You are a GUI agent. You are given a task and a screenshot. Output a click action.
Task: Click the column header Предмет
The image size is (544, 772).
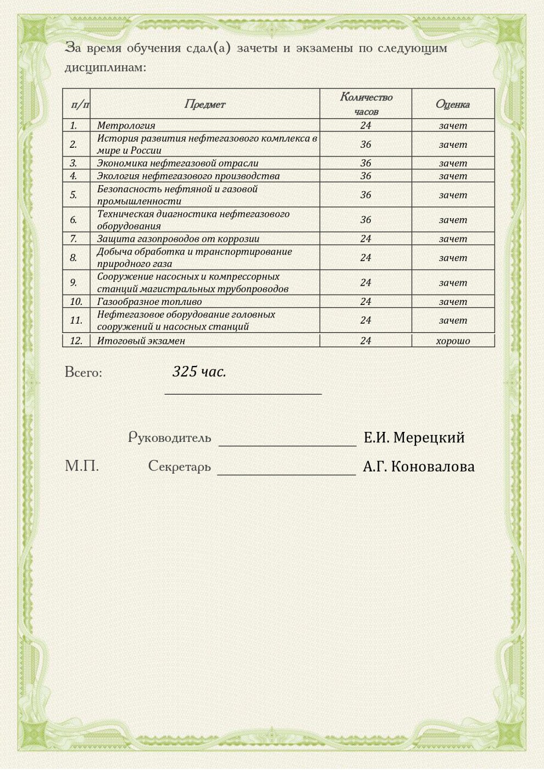pyautogui.click(x=204, y=104)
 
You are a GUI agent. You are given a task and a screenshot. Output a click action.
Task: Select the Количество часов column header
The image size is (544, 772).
pyautogui.click(x=366, y=104)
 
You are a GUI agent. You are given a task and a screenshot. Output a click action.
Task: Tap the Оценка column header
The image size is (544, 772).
pyautogui.click(x=453, y=104)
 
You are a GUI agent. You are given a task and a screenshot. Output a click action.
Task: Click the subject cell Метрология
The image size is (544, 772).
pyautogui.click(x=126, y=125)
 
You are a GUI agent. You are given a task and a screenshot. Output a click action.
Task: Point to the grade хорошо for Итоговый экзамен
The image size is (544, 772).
pyautogui.click(x=453, y=341)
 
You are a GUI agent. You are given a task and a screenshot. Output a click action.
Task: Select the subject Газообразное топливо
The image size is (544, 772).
pyautogui.click(x=149, y=302)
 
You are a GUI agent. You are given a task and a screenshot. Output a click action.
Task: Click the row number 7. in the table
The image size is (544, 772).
pyautogui.click(x=74, y=239)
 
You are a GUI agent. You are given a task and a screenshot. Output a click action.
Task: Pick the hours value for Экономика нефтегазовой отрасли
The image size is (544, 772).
pyautogui.click(x=366, y=163)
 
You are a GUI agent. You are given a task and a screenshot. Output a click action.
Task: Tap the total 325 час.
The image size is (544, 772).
pyautogui.click(x=199, y=372)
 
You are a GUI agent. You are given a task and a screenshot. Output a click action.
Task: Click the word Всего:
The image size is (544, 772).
pyautogui.click(x=84, y=373)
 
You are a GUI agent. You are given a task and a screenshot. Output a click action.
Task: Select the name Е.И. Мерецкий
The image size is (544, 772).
pyautogui.click(x=414, y=437)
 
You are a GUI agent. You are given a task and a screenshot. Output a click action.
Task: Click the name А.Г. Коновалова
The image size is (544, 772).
pyautogui.click(x=418, y=466)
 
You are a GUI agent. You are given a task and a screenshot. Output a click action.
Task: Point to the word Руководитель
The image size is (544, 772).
pyautogui.click(x=169, y=437)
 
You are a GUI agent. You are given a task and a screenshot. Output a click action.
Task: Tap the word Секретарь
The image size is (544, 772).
pyautogui.click(x=179, y=466)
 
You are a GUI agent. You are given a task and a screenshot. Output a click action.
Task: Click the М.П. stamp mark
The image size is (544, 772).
pyautogui.click(x=82, y=466)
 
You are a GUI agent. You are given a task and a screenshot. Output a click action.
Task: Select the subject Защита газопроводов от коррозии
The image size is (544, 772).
pyautogui.click(x=178, y=239)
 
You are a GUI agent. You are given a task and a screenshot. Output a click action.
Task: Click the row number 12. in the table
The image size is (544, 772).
pyautogui.click(x=76, y=341)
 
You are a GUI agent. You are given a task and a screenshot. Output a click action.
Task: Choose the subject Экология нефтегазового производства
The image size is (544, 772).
pyautogui.click(x=188, y=176)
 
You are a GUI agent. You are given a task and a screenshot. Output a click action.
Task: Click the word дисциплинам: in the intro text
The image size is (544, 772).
pyautogui.click(x=106, y=68)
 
